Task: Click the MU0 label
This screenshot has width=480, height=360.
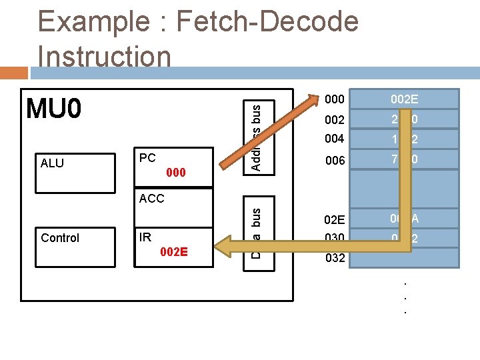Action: (x=53, y=109)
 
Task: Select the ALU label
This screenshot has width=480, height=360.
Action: (x=52, y=163)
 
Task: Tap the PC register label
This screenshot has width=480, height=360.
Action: (x=147, y=158)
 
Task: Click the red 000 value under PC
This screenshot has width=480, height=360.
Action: (x=175, y=173)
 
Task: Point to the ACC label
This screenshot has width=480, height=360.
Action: (x=151, y=198)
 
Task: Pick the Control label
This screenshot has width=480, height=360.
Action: (x=60, y=238)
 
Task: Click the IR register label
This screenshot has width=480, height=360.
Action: (x=145, y=237)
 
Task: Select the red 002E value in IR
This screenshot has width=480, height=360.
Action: (x=174, y=252)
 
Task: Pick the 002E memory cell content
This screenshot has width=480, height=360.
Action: (x=404, y=99)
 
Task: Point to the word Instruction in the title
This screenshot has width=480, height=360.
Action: (x=105, y=56)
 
